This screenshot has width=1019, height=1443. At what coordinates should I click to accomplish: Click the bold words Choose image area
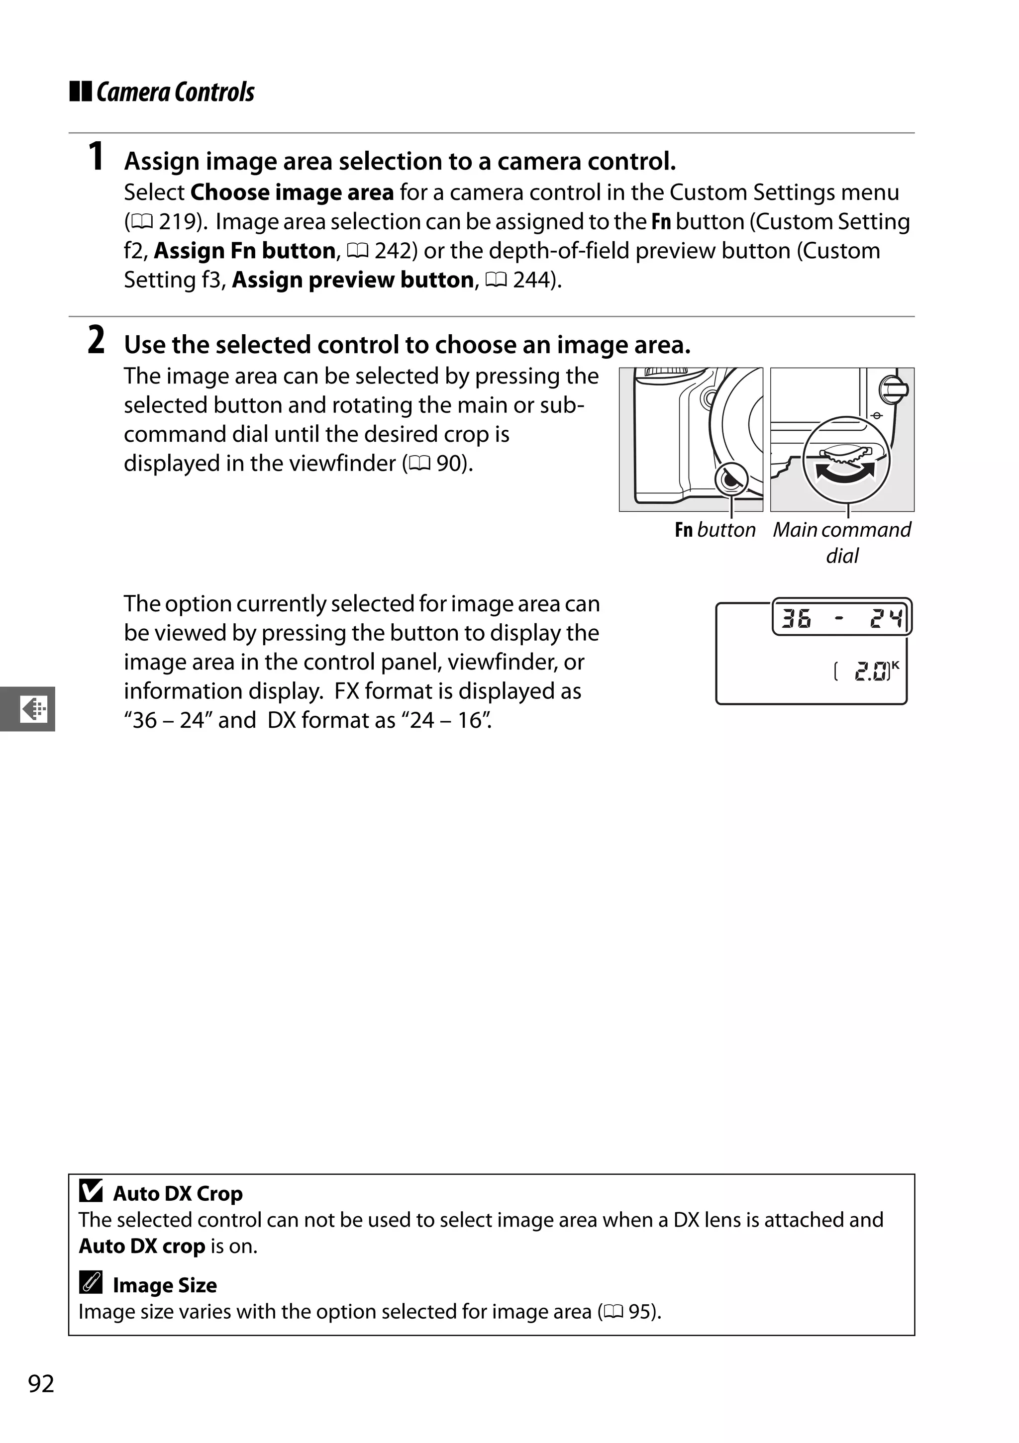point(292,192)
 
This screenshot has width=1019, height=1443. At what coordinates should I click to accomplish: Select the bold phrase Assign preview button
point(353,280)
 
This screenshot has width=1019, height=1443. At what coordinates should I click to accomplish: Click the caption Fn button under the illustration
point(715,530)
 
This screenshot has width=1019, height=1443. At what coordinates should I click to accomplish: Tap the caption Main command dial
point(842,542)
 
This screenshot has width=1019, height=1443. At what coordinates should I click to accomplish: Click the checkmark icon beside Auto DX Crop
point(91,1190)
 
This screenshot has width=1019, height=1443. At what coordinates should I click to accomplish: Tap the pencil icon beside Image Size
point(91,1282)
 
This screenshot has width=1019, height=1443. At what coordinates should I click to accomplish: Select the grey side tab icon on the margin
point(32,709)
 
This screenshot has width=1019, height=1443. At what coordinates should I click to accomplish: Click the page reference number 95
point(639,1312)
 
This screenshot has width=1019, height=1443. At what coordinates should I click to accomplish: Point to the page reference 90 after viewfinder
point(449,464)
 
